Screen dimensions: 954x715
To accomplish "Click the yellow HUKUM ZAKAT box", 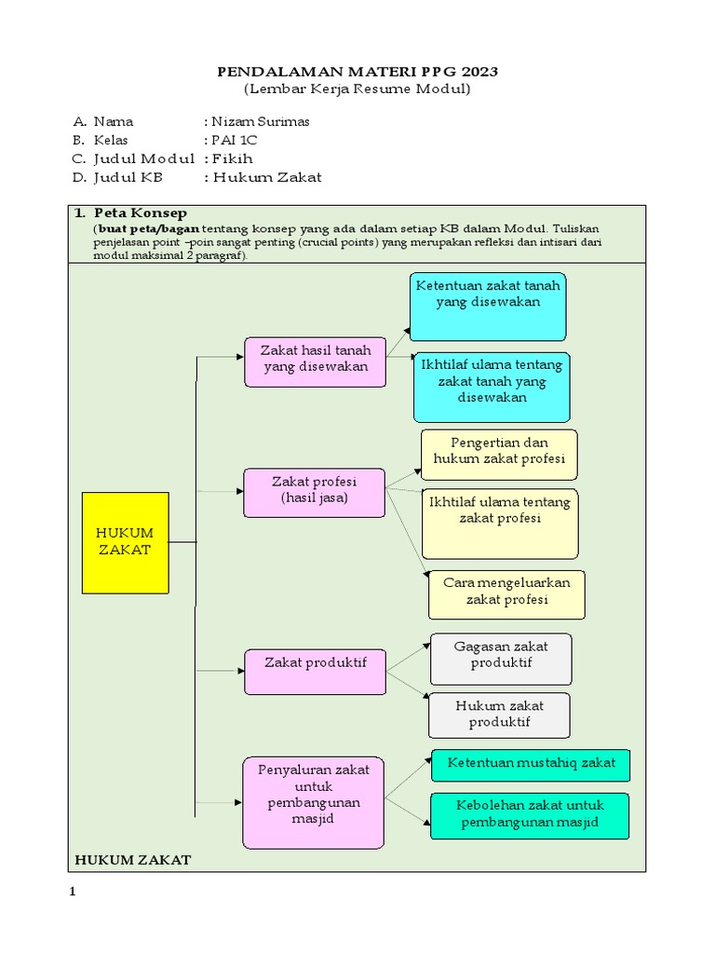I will point(126,542).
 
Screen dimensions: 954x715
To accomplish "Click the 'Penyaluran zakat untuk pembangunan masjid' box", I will point(313,802).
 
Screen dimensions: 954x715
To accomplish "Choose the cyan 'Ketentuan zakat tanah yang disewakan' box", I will point(488,307).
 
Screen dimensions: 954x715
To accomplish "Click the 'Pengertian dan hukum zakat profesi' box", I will point(499,454).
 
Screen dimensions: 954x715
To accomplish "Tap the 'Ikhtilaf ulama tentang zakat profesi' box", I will point(499,523).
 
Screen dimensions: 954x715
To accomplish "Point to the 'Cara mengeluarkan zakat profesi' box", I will point(506,594).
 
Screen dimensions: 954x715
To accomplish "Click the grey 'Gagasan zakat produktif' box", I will point(500,659).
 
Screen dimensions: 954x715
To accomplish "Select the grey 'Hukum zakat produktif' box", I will point(499,715).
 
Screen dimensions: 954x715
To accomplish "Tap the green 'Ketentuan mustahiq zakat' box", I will point(531,764).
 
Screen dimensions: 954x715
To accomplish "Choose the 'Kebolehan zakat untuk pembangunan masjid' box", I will point(530,815).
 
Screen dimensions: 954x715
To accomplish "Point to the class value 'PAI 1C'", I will point(234,140).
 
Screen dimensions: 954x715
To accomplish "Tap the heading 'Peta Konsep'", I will point(141,213).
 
